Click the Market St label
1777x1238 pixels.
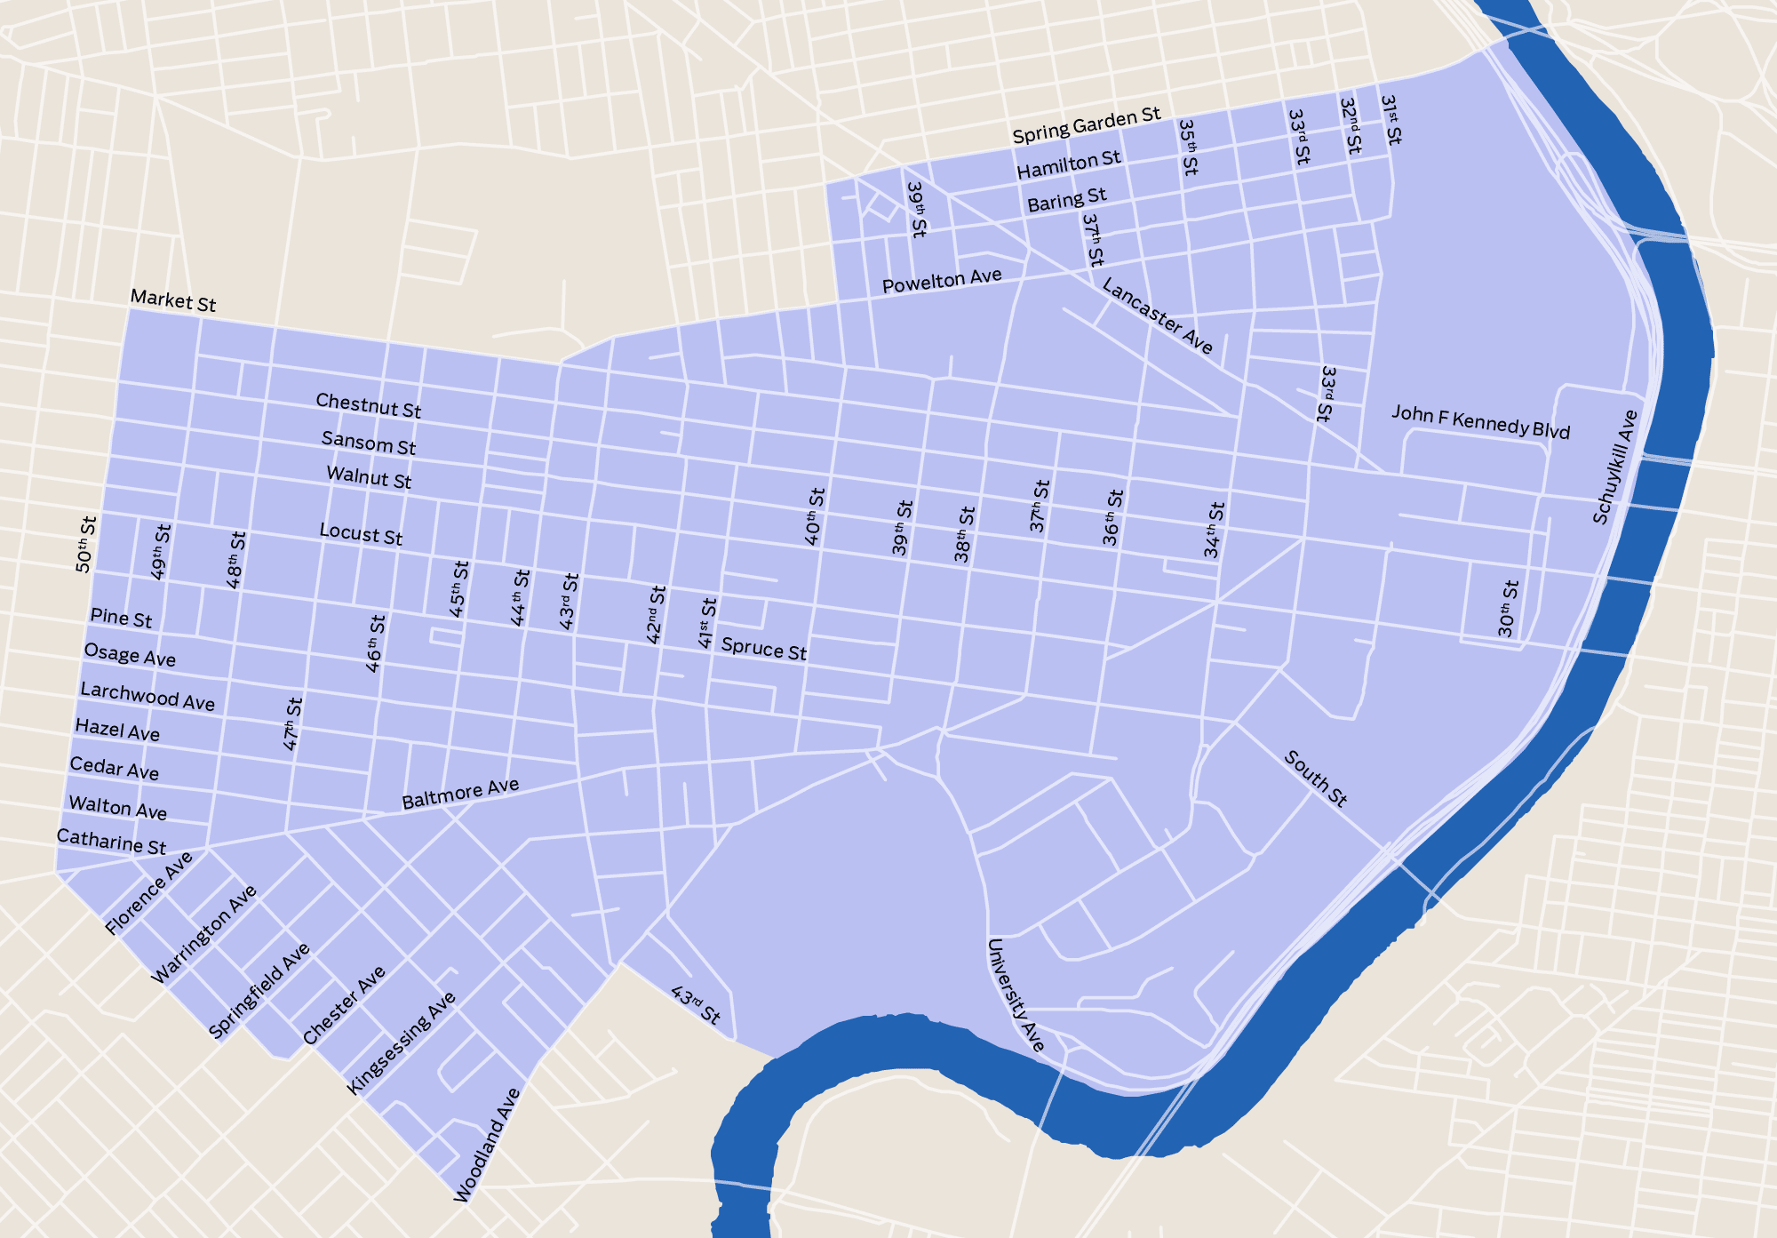click(173, 300)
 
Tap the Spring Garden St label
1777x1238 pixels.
click(1086, 125)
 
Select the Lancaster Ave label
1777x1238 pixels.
click(1157, 315)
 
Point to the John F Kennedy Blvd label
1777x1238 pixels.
click(1480, 422)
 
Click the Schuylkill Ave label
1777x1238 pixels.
click(1614, 467)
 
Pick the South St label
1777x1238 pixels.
click(1315, 779)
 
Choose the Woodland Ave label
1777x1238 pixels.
click(486, 1145)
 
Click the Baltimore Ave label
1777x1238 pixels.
click(460, 794)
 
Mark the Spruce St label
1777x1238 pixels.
click(763, 649)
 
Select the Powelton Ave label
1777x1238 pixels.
click(942, 281)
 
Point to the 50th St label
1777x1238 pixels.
click(85, 544)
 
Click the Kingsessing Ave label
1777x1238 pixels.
click(401, 1043)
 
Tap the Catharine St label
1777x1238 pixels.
click(111, 841)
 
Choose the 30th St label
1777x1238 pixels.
click(1508, 609)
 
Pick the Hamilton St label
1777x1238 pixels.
click(1069, 164)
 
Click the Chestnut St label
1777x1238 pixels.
click(368, 405)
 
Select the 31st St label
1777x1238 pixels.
click(1391, 120)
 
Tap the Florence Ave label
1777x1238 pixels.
click(148, 893)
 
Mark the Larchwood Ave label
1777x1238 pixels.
click(147, 696)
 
